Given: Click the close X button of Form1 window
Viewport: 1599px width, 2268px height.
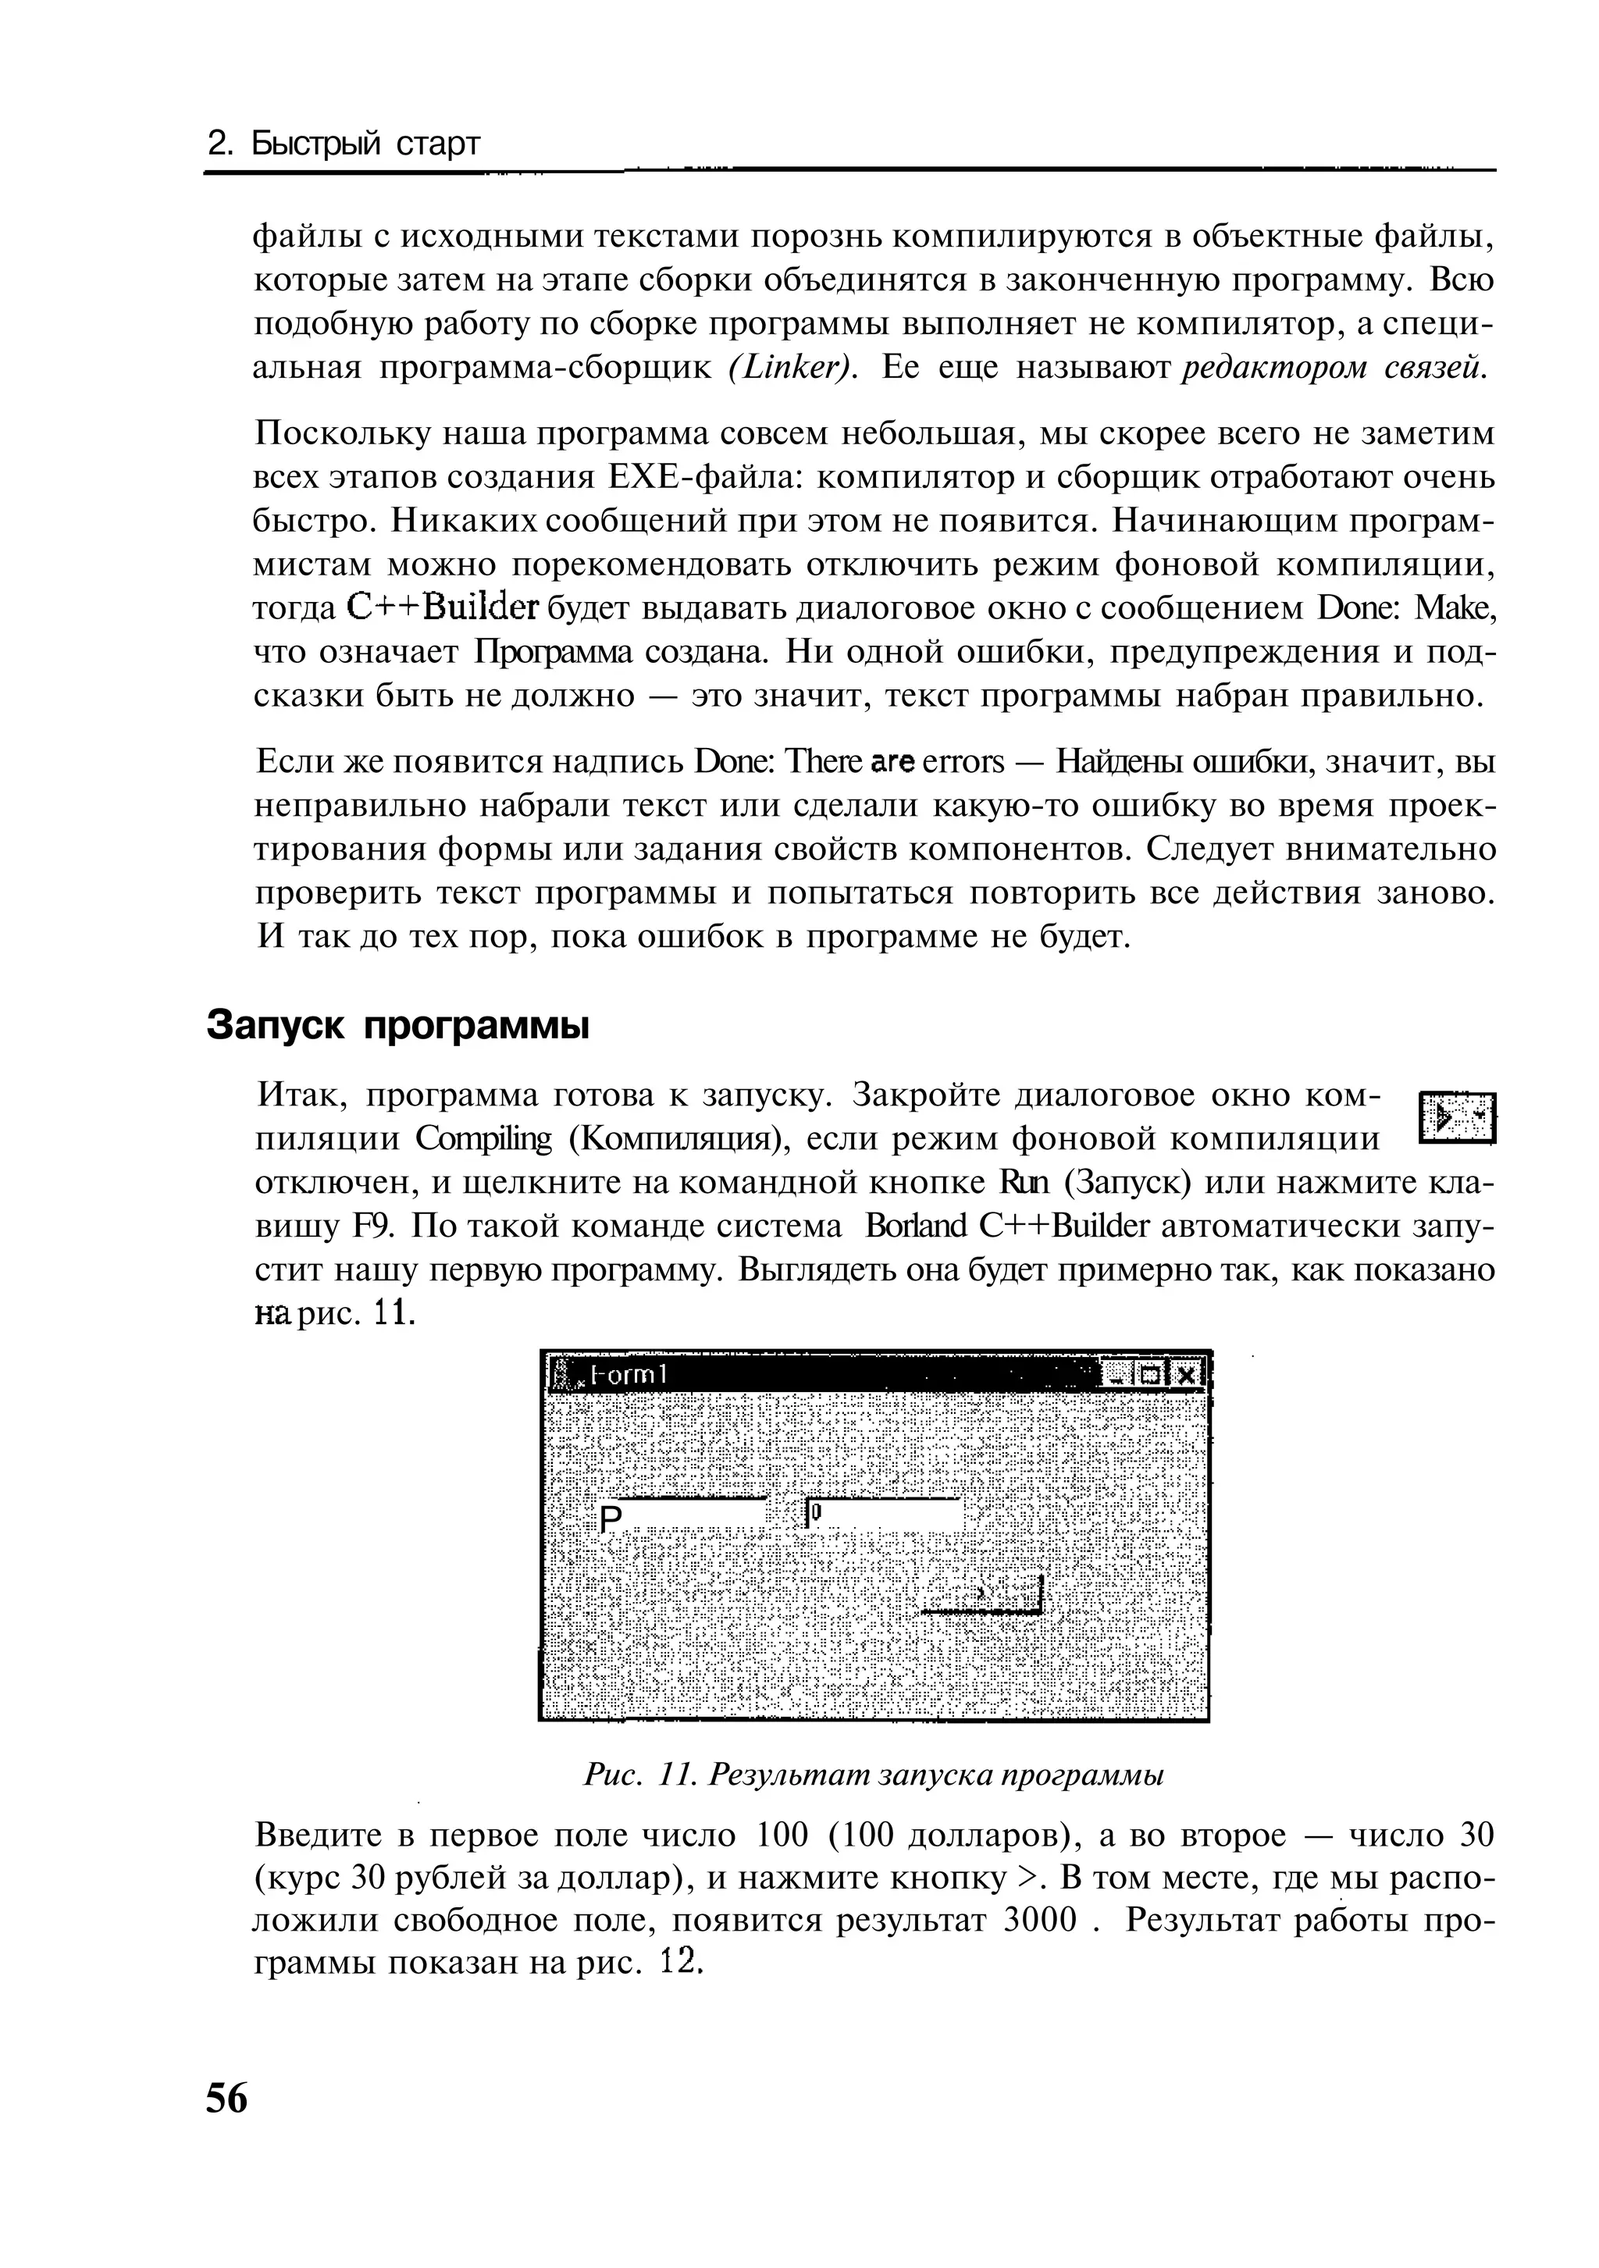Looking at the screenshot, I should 1186,1375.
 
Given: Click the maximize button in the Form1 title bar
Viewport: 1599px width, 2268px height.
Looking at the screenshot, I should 1151,1375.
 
